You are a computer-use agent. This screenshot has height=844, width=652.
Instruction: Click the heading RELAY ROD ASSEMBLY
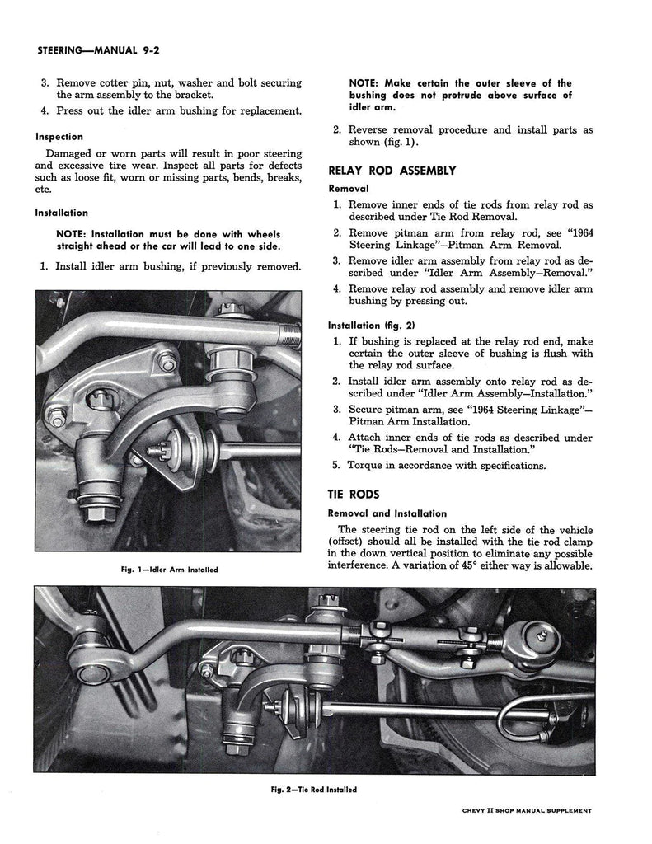tap(392, 171)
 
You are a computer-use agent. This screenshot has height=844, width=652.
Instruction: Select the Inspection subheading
tap(59, 137)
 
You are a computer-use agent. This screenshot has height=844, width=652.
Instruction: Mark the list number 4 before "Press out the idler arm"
tap(45, 111)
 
